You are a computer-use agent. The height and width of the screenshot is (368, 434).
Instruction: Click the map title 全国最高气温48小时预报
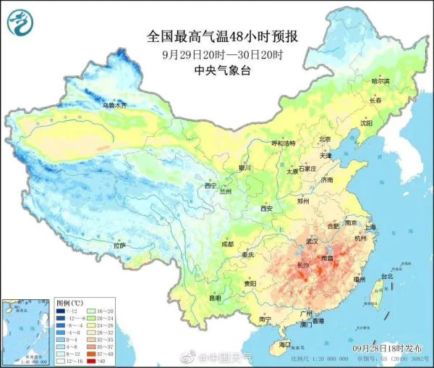[x=217, y=35]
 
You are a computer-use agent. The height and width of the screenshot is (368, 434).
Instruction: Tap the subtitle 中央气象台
[x=217, y=70]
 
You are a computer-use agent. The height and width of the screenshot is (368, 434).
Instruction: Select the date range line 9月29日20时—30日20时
[x=217, y=54]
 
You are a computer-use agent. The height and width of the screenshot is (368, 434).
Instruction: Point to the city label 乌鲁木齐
[x=114, y=106]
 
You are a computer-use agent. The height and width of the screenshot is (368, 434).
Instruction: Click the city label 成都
[x=227, y=244]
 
